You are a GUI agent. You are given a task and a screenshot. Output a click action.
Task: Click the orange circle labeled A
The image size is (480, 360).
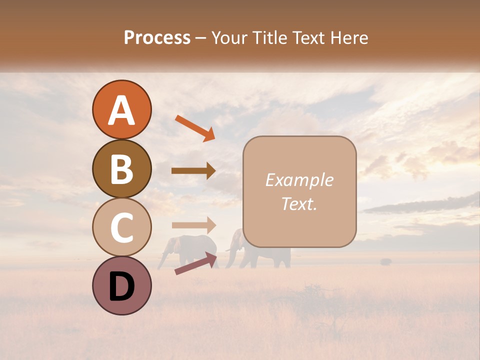click(x=121, y=109)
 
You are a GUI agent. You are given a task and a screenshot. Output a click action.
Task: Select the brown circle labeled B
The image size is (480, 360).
click(x=121, y=168)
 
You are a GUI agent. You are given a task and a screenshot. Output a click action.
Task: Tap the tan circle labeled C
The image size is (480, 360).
click(x=121, y=227)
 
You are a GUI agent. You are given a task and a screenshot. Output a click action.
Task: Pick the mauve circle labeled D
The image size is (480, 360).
click(x=121, y=285)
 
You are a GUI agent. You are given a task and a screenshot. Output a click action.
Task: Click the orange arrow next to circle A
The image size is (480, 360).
click(x=194, y=128)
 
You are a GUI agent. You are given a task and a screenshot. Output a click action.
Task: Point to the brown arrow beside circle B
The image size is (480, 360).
click(x=193, y=170)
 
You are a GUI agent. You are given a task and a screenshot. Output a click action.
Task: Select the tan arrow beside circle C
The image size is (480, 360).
click(x=193, y=225)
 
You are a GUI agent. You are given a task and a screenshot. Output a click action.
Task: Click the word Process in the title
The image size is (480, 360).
click(x=157, y=38)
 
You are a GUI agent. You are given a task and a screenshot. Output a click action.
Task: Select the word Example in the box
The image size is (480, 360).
click(x=299, y=180)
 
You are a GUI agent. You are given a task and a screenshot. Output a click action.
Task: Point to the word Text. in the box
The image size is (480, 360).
click(x=299, y=203)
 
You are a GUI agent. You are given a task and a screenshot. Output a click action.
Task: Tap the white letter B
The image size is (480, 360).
click(x=121, y=169)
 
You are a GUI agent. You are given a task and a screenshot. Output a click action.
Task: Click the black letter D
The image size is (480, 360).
click(x=121, y=286)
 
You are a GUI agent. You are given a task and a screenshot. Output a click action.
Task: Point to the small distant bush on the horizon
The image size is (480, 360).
click(x=385, y=261)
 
